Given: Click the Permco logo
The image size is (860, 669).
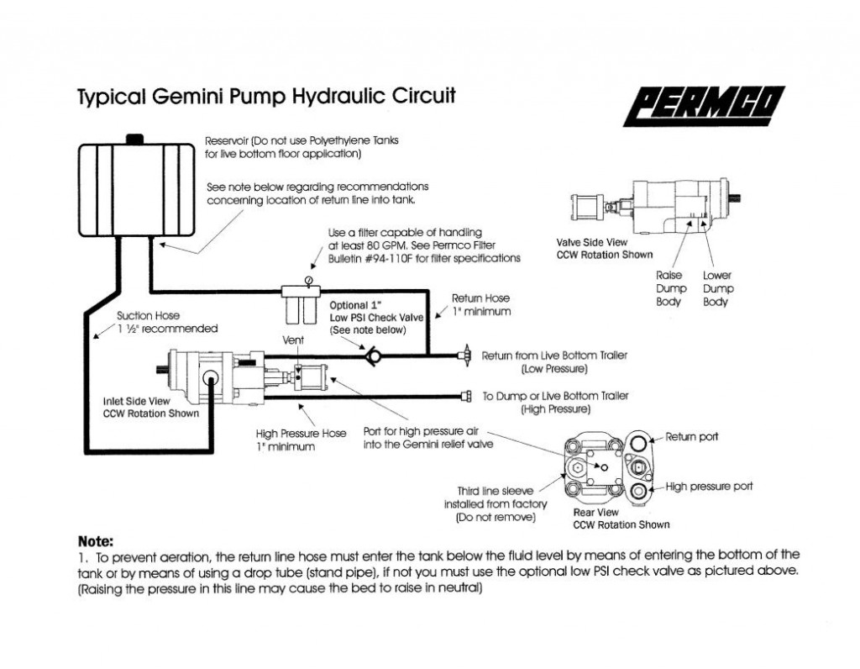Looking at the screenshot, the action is coord(704,106).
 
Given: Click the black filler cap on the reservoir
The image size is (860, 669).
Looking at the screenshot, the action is coord(134,139).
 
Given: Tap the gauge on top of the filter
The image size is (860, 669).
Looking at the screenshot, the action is coord(309,281).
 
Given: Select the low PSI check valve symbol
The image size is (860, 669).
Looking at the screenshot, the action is coord(372,356).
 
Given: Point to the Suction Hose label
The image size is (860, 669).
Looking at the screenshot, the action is coord(148,315).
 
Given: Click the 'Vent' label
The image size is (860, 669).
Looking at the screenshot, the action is coord(293,340).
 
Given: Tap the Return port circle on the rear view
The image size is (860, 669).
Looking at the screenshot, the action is coord(638,442).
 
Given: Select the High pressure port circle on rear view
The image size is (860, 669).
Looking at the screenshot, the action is coord(638,491).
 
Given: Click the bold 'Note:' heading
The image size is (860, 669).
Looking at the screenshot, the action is coord(96,542).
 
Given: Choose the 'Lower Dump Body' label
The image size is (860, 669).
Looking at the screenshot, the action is coord(718,288).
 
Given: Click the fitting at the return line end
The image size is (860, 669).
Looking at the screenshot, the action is coord(464,356).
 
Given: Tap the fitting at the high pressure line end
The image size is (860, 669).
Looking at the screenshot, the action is coord(466,396).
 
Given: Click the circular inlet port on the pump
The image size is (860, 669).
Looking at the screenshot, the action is coord(210,378).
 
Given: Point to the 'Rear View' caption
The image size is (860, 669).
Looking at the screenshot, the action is coord(595,512).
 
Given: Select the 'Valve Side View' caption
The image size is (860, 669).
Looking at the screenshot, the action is coord(592,242).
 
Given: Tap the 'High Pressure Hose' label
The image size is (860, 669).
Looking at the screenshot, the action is coord(302,434).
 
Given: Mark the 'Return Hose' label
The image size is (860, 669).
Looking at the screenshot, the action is coord(480,298).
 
